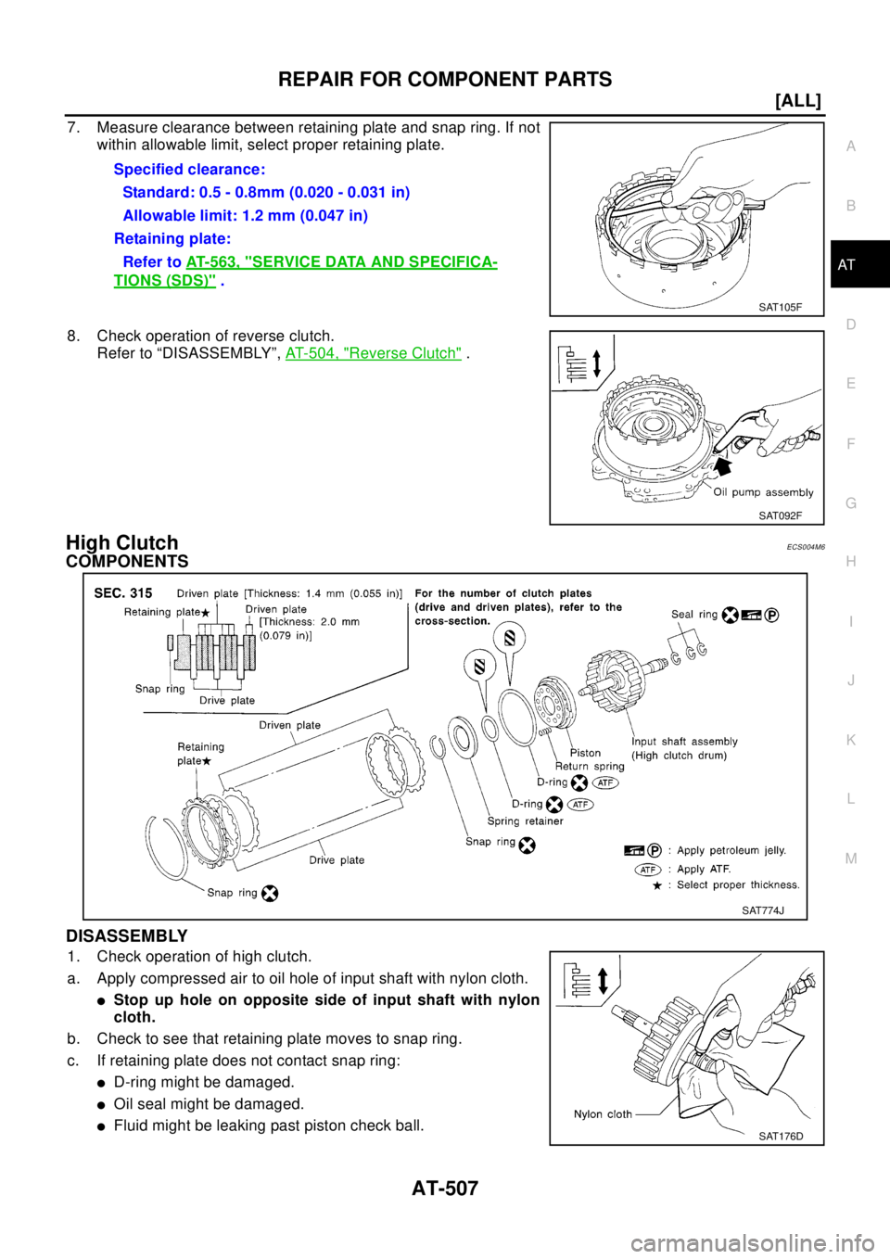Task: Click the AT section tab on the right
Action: coord(846,265)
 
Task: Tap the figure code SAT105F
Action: coord(779,307)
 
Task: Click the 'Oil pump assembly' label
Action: coord(763,492)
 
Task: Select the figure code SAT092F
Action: coord(780,515)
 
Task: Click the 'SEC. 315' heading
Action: coord(123,593)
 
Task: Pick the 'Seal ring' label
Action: coord(694,614)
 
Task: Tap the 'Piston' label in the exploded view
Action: coord(585,753)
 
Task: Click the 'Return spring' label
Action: coord(590,767)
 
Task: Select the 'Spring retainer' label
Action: coord(525,821)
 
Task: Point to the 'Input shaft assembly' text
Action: coord(684,742)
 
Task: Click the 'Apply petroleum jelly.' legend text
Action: coord(731,850)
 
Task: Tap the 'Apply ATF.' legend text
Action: coord(704,869)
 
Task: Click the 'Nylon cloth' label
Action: coord(603,1114)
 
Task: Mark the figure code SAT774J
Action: coord(762,910)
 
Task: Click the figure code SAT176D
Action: coord(781,1136)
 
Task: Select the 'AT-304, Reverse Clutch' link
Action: coord(373,353)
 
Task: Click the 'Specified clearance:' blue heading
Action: coord(189,170)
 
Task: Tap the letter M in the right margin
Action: coord(850,858)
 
